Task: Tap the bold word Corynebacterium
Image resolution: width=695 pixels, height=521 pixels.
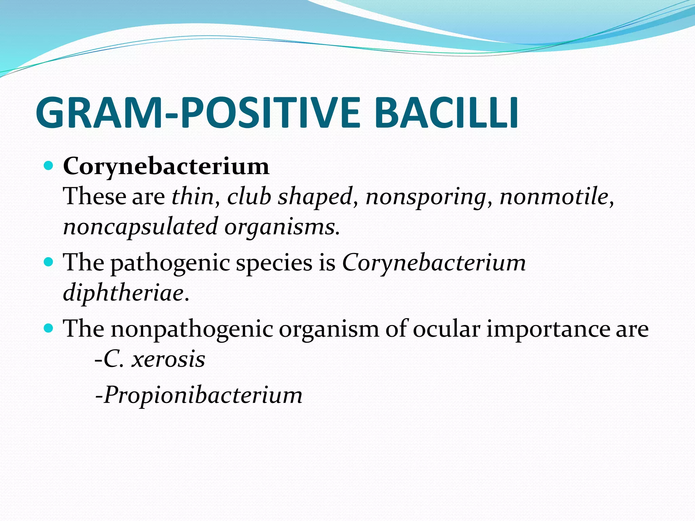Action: (x=166, y=167)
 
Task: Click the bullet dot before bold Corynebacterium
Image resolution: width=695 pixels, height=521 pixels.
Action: (x=49, y=166)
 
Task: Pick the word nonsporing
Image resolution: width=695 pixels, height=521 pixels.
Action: (x=426, y=197)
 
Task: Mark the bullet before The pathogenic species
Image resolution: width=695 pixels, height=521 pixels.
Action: (x=49, y=262)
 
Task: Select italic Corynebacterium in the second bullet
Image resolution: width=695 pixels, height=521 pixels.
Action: (x=434, y=263)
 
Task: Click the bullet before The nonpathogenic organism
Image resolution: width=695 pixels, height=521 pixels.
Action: (x=49, y=328)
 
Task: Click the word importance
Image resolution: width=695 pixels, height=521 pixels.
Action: (x=548, y=329)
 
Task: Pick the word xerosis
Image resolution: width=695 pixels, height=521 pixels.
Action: (x=168, y=359)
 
